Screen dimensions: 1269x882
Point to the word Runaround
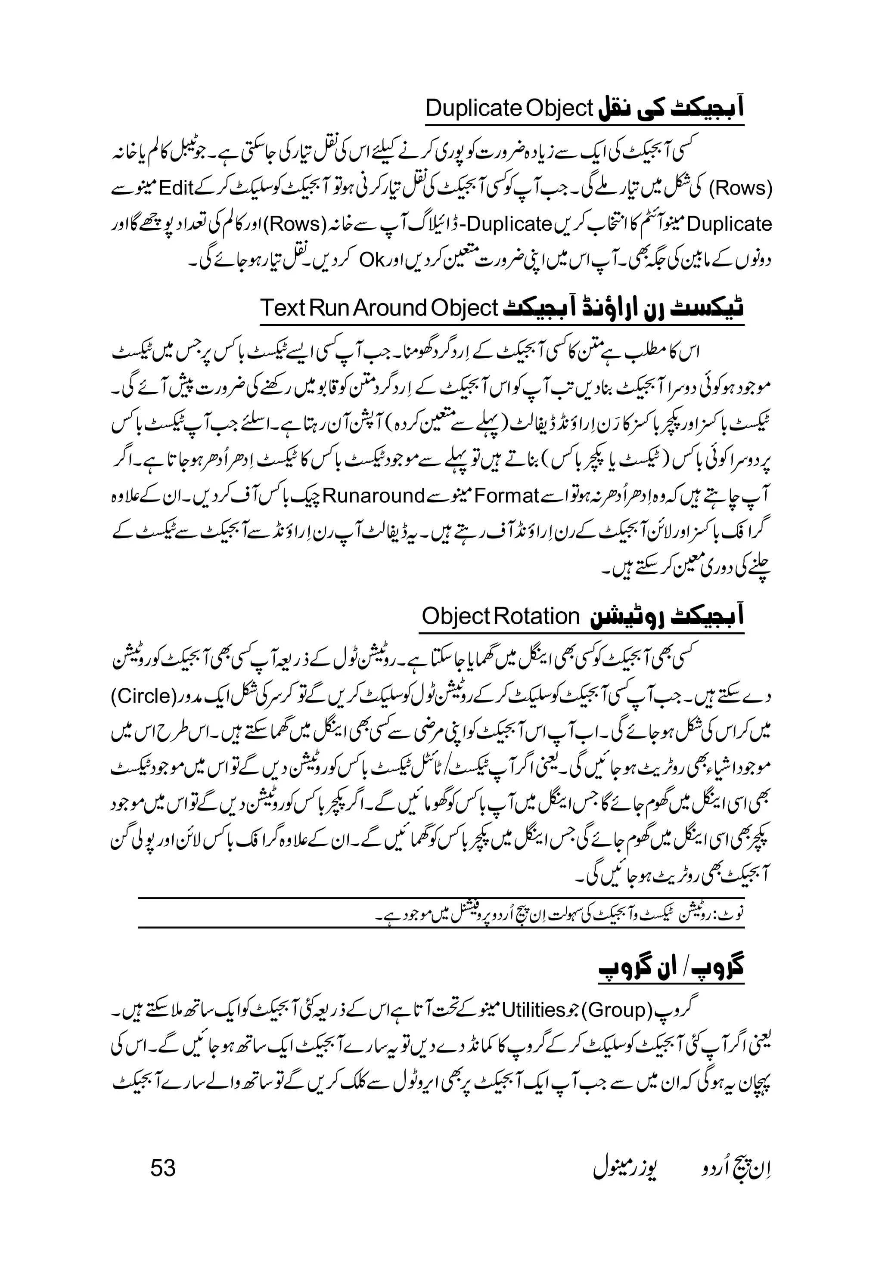tap(373, 495)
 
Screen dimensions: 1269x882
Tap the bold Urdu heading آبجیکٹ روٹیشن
tap(668, 617)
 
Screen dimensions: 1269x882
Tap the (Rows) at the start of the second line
tap(740, 188)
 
